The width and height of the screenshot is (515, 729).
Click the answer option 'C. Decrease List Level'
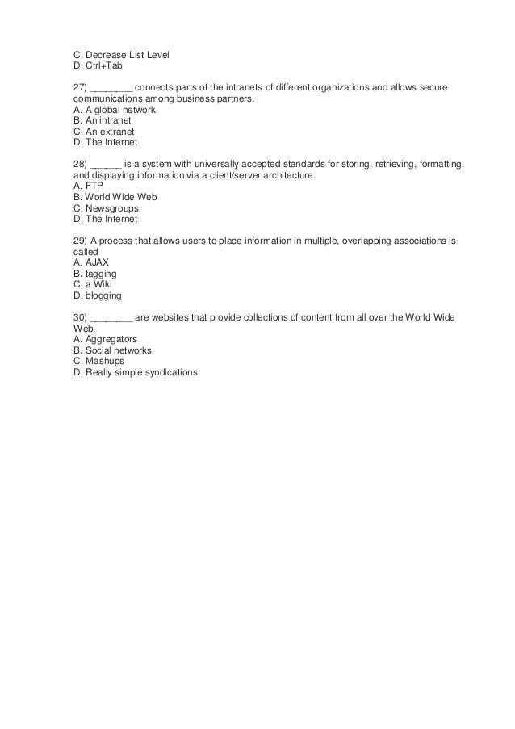click(x=121, y=55)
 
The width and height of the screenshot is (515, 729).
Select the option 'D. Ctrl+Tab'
click(x=98, y=65)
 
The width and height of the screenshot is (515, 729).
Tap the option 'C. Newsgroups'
click(x=106, y=207)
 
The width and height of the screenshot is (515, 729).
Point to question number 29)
click(x=81, y=241)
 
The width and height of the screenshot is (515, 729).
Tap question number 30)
click(x=81, y=317)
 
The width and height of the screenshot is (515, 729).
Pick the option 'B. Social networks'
click(x=112, y=350)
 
